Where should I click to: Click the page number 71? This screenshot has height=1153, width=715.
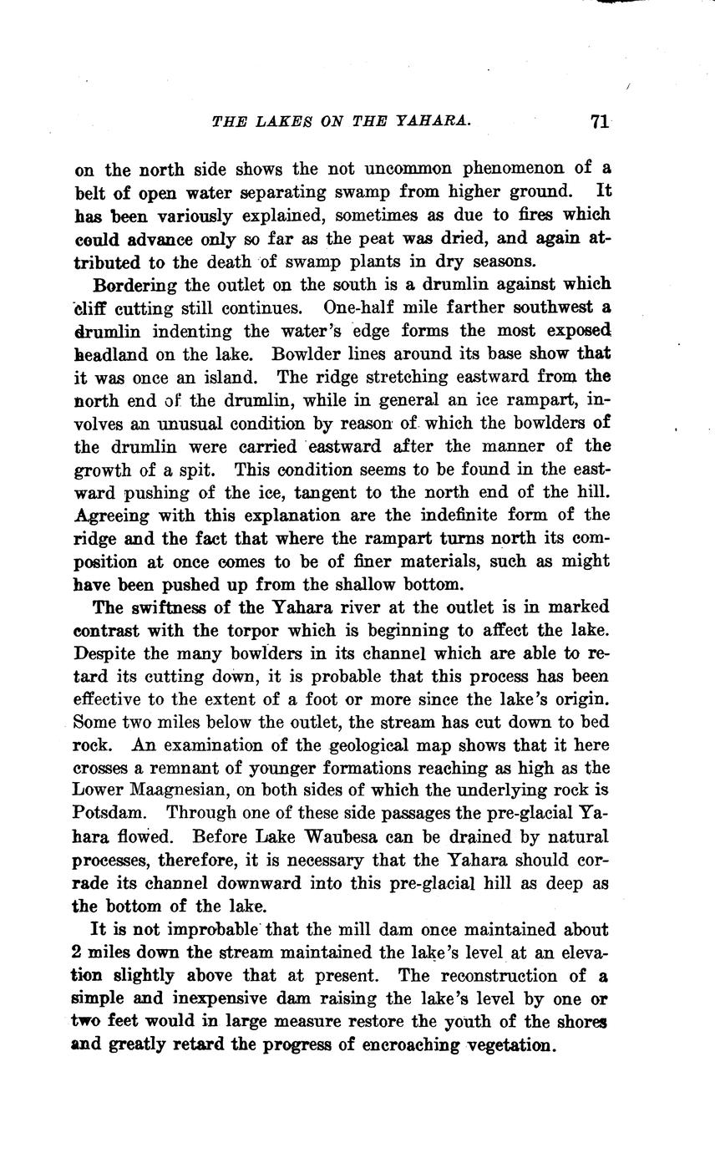pyautogui.click(x=598, y=122)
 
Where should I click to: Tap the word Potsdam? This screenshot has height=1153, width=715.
pyautogui.click(x=109, y=813)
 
